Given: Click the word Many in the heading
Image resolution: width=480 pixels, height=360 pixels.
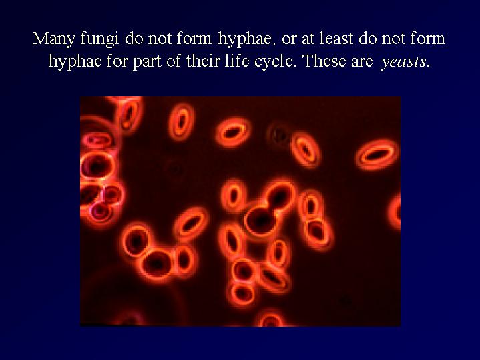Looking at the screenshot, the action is click(54, 39).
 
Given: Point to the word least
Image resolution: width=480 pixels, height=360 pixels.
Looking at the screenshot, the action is click(337, 39).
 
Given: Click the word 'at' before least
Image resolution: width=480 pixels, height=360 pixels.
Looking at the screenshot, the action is click(308, 39).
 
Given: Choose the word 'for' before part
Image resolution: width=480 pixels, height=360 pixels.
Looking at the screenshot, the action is click(117, 61).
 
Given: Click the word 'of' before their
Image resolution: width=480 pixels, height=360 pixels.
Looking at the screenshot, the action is click(174, 61).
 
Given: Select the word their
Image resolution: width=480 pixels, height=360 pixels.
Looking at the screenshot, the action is click(202, 61).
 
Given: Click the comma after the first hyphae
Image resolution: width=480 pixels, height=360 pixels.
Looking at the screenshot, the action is click(274, 44).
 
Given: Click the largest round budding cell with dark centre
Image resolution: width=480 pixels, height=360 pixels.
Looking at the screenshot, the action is click(261, 219).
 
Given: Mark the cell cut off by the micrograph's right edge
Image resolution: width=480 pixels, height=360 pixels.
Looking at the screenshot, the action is click(395, 212).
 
